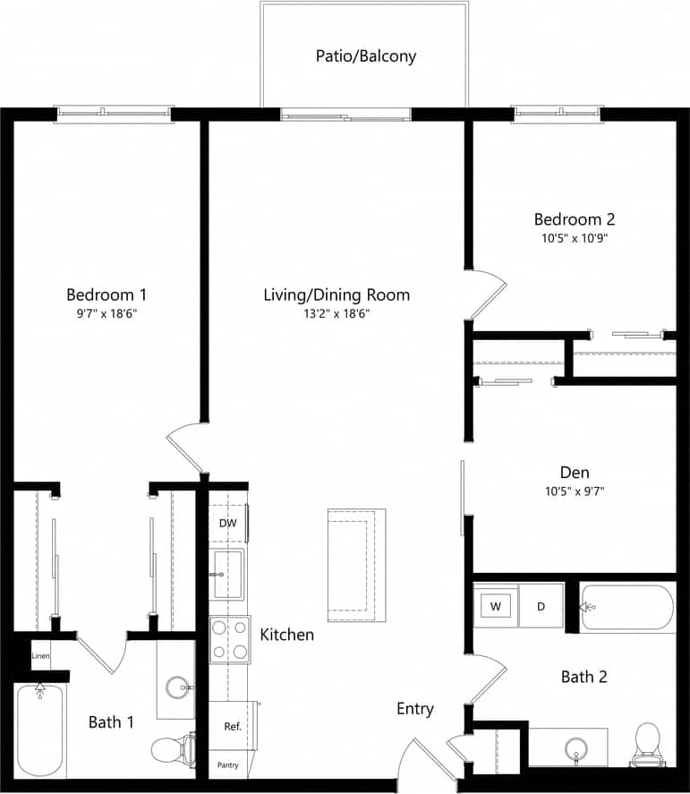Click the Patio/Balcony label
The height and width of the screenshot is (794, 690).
[x=365, y=56]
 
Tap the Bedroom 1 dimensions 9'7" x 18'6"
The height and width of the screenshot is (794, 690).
[x=106, y=314]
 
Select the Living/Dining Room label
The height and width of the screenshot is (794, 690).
[x=336, y=295]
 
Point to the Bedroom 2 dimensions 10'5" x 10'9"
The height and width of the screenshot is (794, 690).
[x=575, y=239]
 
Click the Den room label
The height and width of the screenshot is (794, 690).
[x=575, y=473]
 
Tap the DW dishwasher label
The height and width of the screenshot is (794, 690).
[x=227, y=524]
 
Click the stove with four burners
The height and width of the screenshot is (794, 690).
[x=228, y=639]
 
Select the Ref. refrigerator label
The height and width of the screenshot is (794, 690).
[x=233, y=727]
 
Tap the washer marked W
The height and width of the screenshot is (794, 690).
[x=495, y=607]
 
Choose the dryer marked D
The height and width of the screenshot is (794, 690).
[x=541, y=607]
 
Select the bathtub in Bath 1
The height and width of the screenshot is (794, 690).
[x=39, y=730]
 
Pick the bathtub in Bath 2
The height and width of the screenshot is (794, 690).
[x=627, y=608]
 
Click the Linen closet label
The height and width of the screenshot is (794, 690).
[x=40, y=656]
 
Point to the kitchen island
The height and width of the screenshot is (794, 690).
[x=356, y=565]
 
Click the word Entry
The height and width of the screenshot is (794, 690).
[x=415, y=709]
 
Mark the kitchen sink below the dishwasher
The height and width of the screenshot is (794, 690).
[x=226, y=574]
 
